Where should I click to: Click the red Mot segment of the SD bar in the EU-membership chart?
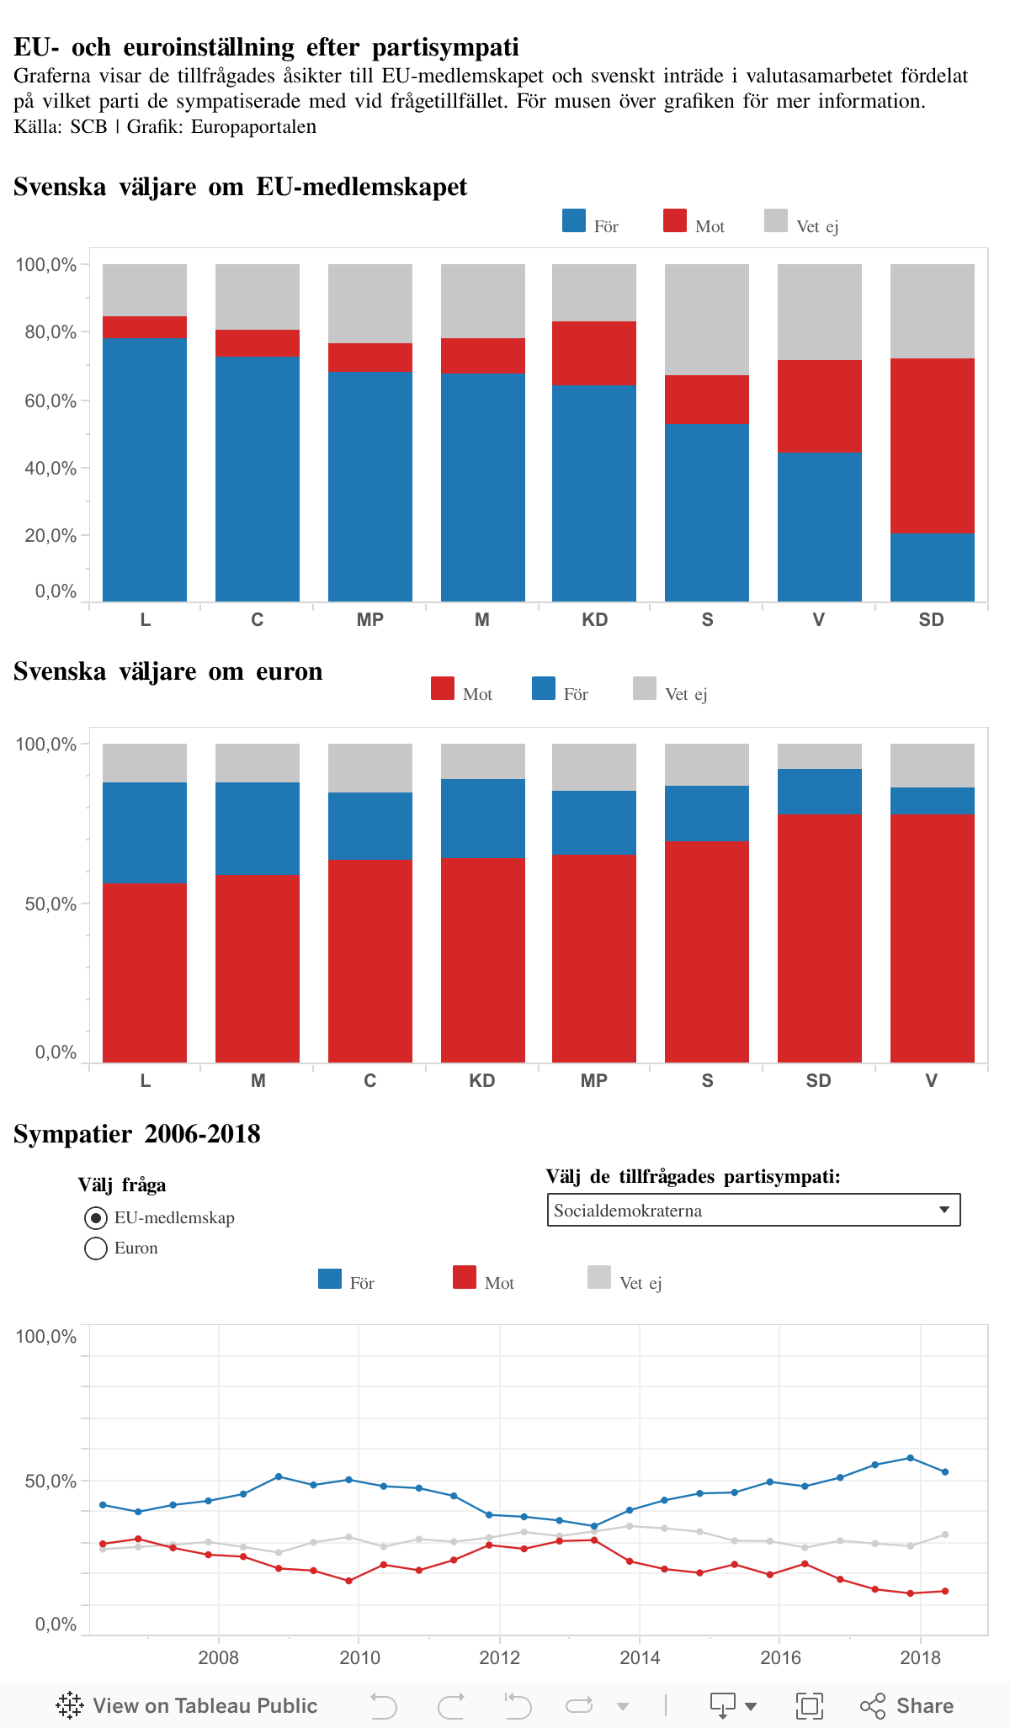pyautogui.click(x=932, y=445)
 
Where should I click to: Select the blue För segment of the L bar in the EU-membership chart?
pyautogui.click(x=145, y=469)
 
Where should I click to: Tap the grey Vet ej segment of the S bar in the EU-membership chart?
pyautogui.click(x=707, y=320)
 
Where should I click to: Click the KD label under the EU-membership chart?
pyautogui.click(x=594, y=620)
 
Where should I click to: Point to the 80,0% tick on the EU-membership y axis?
pyautogui.click(x=50, y=332)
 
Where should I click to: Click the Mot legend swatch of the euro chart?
pyautogui.click(x=443, y=689)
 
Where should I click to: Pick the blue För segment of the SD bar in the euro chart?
pyautogui.click(x=819, y=791)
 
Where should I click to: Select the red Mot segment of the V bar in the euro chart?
pyautogui.click(x=932, y=937)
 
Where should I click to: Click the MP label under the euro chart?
pyautogui.click(x=593, y=1081)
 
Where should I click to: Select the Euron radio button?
pyautogui.click(x=96, y=1248)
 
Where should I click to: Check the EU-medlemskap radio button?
pyautogui.click(x=96, y=1218)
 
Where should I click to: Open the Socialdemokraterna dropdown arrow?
pyautogui.click(x=944, y=1211)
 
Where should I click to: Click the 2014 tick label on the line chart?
pyautogui.click(x=640, y=1658)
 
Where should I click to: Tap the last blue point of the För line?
pyautogui.click(x=945, y=1472)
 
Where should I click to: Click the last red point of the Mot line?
pyautogui.click(x=945, y=1591)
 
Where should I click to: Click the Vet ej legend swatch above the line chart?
pyautogui.click(x=599, y=1278)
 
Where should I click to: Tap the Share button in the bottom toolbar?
pyautogui.click(x=907, y=1705)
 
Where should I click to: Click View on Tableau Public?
pyautogui.click(x=187, y=1705)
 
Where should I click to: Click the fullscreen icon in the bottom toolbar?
pyautogui.click(x=810, y=1705)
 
